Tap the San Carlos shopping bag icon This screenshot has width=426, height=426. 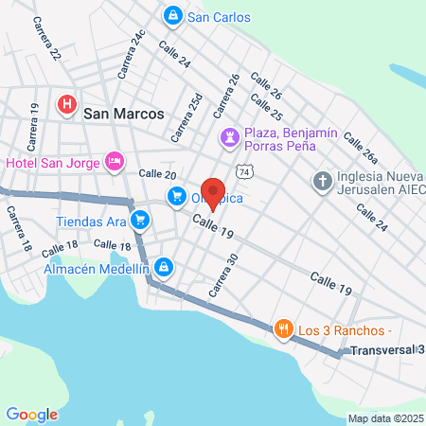(x=173, y=16)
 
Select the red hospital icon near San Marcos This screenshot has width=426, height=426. (x=67, y=104)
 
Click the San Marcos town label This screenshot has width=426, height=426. (x=124, y=113)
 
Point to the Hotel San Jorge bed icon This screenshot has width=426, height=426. (x=115, y=163)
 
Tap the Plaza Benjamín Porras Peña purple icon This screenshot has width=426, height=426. (x=229, y=138)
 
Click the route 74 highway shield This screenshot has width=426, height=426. (x=245, y=171)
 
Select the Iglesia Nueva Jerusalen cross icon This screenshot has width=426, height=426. (x=323, y=181)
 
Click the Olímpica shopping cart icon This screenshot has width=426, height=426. (x=176, y=197)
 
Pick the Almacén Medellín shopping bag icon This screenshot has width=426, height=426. (x=165, y=268)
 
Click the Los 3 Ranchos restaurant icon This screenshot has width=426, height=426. (x=283, y=329)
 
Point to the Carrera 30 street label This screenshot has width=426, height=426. (x=223, y=275)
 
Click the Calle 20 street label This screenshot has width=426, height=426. (x=157, y=174)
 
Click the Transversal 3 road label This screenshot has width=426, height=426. (x=383, y=350)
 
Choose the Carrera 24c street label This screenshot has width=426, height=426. (x=131, y=54)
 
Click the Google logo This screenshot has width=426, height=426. (x=31, y=414)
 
